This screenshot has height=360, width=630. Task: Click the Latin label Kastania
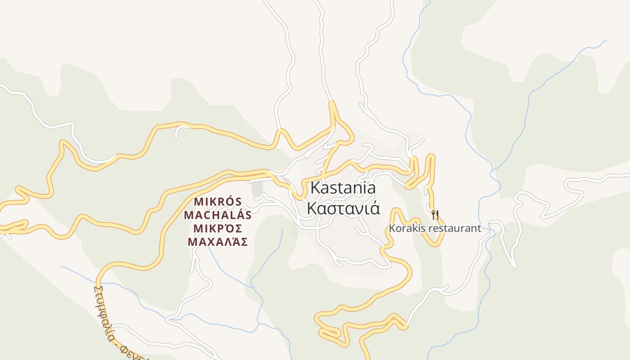[x=343, y=187]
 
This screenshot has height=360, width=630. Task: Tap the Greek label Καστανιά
[x=343, y=208]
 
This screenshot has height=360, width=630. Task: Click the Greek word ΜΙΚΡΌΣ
[x=218, y=228]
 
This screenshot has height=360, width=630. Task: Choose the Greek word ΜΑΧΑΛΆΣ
[x=218, y=242]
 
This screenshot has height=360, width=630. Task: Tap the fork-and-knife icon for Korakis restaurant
[x=435, y=215]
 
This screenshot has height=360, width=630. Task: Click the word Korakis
[x=406, y=228]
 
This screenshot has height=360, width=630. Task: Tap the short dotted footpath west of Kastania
[x=285, y=180]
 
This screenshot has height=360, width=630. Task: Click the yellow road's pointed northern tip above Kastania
[x=333, y=104]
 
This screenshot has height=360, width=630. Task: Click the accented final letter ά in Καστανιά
[x=374, y=208]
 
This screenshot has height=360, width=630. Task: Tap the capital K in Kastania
[x=315, y=187]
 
